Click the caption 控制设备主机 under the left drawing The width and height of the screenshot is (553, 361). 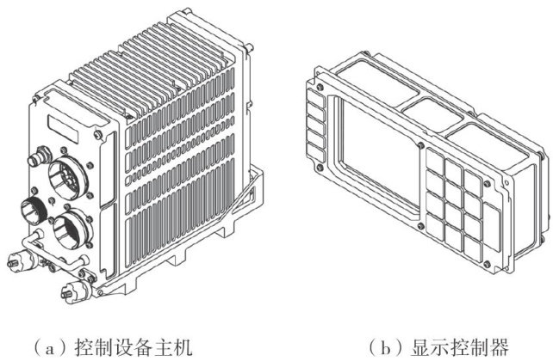(x=134, y=348)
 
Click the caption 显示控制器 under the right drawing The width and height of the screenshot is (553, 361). (x=459, y=348)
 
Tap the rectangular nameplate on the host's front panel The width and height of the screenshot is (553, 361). (x=63, y=128)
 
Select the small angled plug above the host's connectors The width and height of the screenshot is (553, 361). (x=40, y=156)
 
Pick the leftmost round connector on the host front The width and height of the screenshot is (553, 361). (x=34, y=211)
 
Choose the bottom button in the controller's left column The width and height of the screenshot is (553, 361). (x=316, y=152)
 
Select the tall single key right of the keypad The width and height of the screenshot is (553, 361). (x=492, y=227)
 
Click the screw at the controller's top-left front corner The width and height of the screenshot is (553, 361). (x=320, y=87)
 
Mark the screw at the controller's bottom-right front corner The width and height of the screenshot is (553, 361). (x=488, y=264)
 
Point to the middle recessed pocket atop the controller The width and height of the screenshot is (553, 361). (x=432, y=110)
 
